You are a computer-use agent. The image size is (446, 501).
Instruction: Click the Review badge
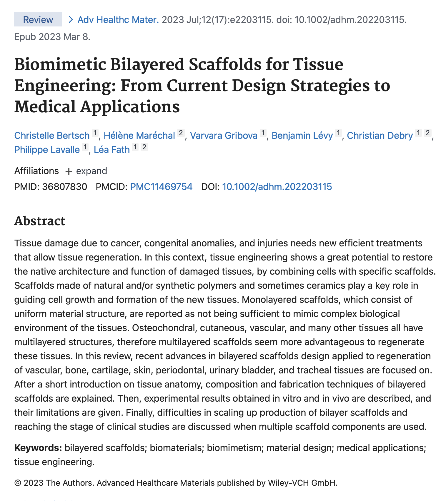38,20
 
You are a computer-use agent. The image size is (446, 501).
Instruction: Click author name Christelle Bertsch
52,136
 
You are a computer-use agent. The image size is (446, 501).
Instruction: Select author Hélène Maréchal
139,136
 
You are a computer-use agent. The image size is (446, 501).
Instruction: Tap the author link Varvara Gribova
224,136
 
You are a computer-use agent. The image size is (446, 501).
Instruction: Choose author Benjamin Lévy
302,136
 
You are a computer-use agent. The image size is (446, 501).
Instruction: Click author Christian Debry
380,136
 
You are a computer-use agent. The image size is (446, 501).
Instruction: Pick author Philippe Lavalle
47,150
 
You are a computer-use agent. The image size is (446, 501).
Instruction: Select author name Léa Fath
112,150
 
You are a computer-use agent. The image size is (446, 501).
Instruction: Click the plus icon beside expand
69,171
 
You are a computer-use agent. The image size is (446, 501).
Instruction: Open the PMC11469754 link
161,187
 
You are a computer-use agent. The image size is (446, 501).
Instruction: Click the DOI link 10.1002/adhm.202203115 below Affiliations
277,187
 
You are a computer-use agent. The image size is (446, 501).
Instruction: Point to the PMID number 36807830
64,187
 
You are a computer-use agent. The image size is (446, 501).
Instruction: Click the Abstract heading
40,221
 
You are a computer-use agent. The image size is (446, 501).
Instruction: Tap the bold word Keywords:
38,448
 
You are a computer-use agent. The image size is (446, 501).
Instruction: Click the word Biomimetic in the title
60,64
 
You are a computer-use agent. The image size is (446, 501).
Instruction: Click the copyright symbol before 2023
18,483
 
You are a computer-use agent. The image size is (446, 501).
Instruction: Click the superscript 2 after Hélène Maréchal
181,133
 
